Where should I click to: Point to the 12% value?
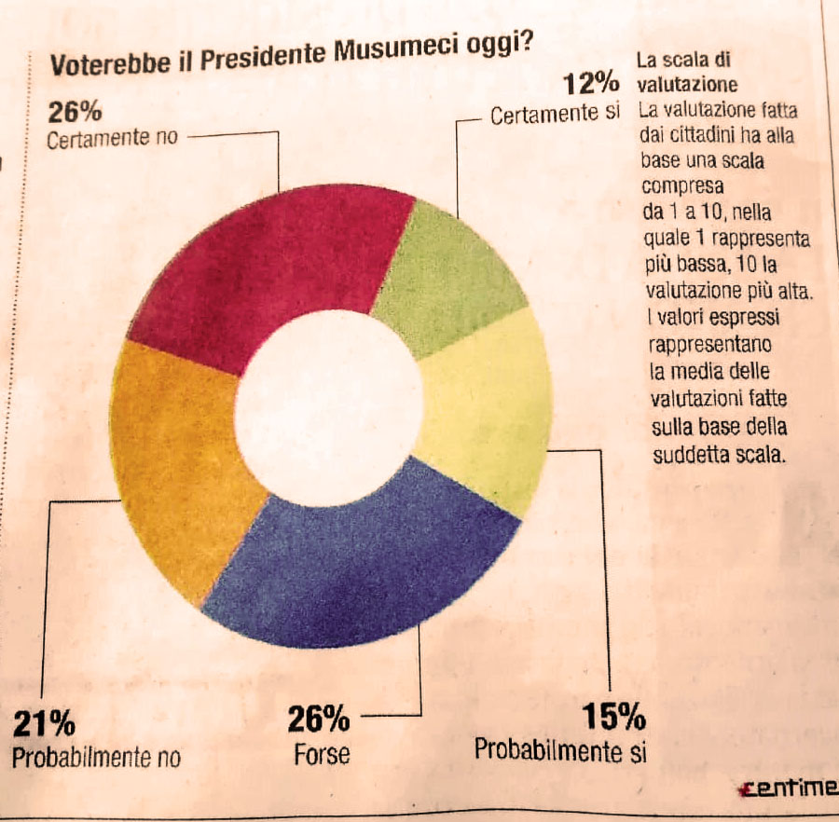coord(591,85)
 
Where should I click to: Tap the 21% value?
coord(44,723)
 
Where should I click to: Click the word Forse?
coord(322,753)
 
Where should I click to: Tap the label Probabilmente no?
coord(96,757)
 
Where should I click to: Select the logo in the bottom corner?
coord(788,788)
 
